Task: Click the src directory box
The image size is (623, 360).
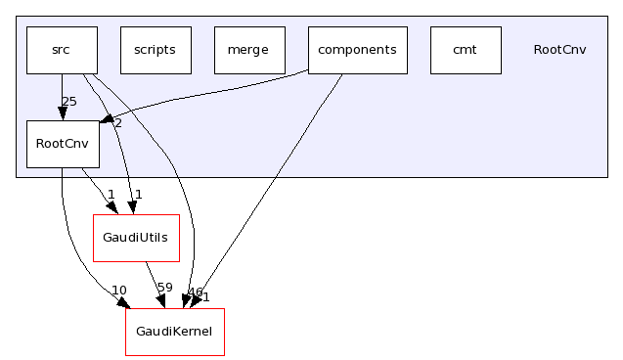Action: point(62,50)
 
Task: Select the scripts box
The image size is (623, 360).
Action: point(156,50)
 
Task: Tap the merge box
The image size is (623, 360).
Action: point(248,50)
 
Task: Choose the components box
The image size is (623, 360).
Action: point(357,50)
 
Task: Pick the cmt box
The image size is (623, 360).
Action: point(466,50)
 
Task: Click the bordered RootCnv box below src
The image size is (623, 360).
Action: point(62,144)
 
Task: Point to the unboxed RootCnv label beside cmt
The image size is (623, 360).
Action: point(559,50)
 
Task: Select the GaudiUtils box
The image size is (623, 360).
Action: point(136,238)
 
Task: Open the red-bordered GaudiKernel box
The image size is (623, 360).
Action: point(175,332)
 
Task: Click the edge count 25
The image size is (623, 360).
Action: point(68,101)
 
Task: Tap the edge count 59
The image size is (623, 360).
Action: point(164,289)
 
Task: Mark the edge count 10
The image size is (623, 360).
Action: point(119,290)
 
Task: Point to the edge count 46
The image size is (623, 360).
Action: point(195,292)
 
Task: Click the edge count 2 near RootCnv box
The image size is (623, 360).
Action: point(117,122)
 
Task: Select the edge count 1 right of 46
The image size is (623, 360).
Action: point(205,296)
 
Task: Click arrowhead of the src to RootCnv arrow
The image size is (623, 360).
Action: point(62,113)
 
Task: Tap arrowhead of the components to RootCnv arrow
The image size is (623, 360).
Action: point(104,122)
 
